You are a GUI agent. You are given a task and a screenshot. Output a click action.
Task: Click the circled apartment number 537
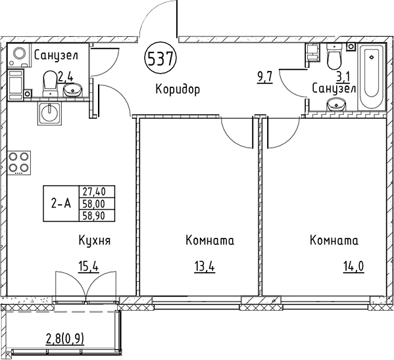(160, 58)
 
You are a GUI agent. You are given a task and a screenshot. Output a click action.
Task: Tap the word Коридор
(178, 89)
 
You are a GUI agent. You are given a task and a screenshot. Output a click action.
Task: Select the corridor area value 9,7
(264, 77)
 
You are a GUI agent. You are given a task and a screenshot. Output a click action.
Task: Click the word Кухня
(95, 240)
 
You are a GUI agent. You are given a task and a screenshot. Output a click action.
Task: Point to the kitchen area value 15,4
(88, 266)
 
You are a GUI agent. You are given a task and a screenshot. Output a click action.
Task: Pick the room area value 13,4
(205, 266)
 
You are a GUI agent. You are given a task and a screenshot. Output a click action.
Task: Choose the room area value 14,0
(354, 266)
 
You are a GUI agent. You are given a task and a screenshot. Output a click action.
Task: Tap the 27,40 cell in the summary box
(97, 192)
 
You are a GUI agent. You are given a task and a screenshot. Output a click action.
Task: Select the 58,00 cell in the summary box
(97, 204)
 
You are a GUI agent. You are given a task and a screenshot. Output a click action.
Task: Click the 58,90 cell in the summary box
(97, 216)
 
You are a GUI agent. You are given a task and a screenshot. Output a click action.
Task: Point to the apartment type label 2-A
(61, 204)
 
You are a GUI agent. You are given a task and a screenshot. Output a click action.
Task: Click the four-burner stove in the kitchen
(19, 163)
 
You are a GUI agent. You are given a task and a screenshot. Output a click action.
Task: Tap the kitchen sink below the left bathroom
(50, 113)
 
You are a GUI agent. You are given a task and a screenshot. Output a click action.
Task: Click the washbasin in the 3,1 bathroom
(336, 104)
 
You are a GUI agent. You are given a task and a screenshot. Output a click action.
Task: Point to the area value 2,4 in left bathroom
(66, 77)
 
